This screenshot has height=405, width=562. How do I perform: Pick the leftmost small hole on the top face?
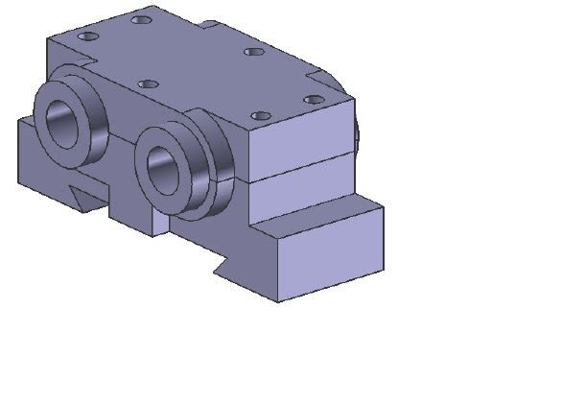[x=88, y=36]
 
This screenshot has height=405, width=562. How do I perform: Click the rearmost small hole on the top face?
[x=142, y=18]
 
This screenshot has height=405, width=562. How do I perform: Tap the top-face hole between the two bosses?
[x=148, y=84]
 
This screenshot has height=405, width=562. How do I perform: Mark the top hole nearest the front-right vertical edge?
[x=261, y=116]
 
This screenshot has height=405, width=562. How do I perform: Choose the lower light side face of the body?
[x=293, y=188]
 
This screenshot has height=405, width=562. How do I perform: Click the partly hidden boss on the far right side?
[x=356, y=137]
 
